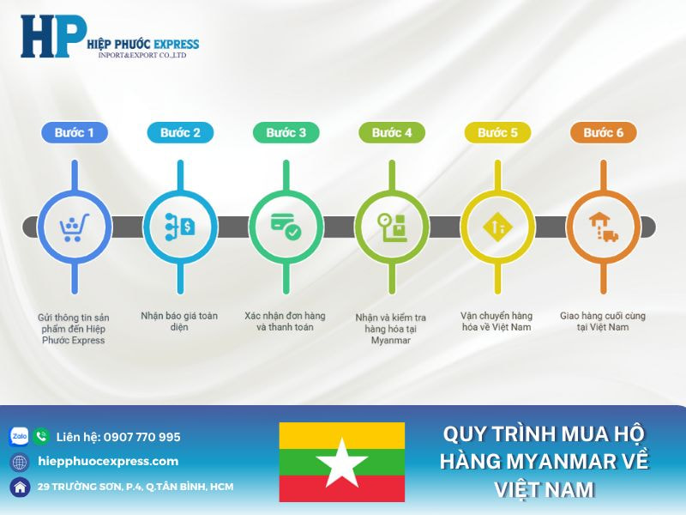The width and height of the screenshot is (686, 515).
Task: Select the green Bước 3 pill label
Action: [286, 133]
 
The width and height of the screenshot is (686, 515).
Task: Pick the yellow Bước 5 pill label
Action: [497, 133]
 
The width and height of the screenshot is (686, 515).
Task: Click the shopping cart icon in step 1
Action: [74, 227]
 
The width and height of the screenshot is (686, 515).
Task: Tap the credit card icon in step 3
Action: [285, 227]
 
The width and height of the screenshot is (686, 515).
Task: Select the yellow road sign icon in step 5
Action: [497, 227]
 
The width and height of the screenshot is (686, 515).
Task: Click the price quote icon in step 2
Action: [180, 227]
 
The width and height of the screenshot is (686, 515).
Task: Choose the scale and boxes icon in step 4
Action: [392, 227]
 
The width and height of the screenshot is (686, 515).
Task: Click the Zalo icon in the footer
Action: [19, 437]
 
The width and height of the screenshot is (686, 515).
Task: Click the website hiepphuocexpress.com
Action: [109, 462]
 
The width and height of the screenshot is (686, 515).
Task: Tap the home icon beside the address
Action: [19, 487]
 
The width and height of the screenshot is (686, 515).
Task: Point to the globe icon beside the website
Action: [19, 462]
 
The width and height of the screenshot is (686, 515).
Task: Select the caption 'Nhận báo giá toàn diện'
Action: [179, 321]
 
